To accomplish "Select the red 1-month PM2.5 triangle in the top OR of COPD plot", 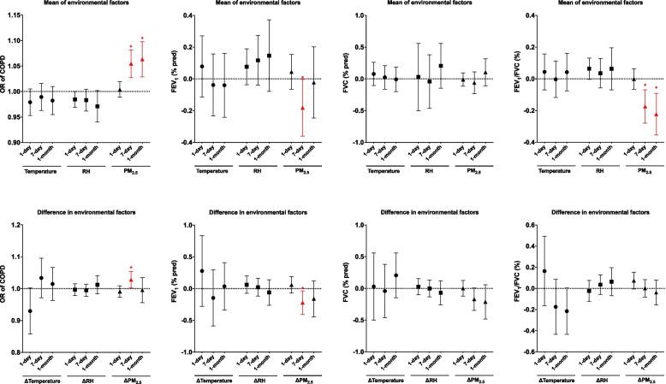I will pyautogui.click(x=142, y=59).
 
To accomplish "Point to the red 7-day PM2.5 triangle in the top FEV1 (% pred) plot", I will pyautogui.click(x=302, y=109).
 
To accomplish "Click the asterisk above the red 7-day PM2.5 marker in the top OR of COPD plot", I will pyautogui.click(x=130, y=46).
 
